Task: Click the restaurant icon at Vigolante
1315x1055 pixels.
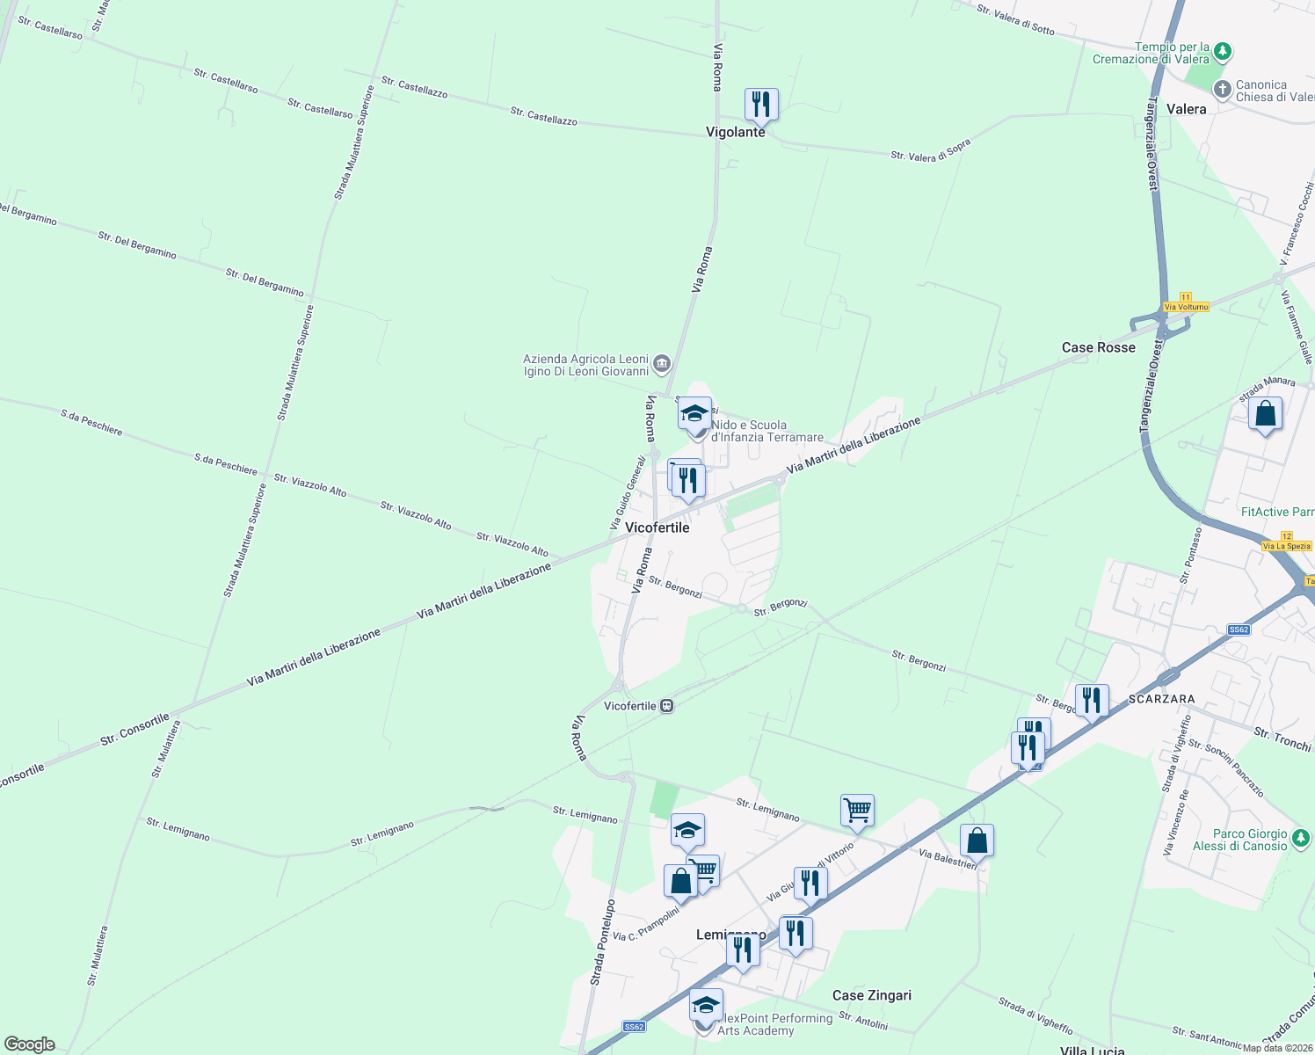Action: coord(761,105)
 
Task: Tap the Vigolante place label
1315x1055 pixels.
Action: coord(736,132)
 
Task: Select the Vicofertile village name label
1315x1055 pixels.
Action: coord(657,527)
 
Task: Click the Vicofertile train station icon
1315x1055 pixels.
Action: coord(667,706)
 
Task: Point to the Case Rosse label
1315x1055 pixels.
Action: coord(1098,347)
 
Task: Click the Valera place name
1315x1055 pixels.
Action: coord(1186,109)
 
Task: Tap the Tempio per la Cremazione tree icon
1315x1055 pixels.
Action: coord(1222,53)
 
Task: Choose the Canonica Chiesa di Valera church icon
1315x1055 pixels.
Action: coord(1222,89)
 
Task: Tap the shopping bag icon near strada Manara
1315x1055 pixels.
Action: coord(1265,413)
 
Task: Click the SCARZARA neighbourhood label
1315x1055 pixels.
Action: coord(1161,699)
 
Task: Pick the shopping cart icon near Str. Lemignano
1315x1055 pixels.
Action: coord(857,811)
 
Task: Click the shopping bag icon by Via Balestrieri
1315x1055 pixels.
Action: coord(977,840)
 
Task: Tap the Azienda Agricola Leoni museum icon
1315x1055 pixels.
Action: coord(662,363)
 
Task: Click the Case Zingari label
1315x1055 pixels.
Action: coord(871,995)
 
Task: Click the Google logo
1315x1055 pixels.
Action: coord(29,1044)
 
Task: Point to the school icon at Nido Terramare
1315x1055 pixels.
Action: coord(694,413)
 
